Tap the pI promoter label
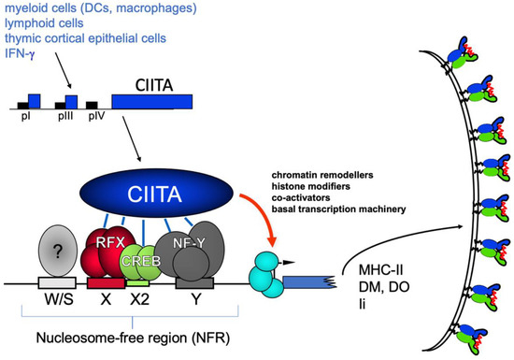25,117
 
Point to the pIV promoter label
93,117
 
